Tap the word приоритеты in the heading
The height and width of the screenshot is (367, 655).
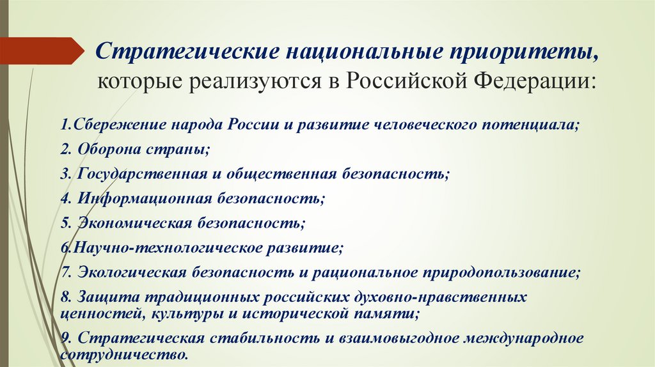click(527, 52)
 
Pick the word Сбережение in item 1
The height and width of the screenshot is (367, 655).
click(106, 125)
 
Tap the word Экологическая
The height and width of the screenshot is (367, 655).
click(132, 272)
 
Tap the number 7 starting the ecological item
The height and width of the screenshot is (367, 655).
click(65, 272)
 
